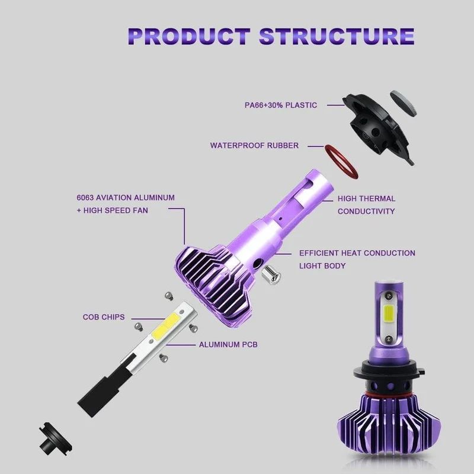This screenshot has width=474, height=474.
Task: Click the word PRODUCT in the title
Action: pyautogui.click(x=189, y=36)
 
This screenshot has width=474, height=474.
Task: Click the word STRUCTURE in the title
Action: pyautogui.click(x=337, y=36)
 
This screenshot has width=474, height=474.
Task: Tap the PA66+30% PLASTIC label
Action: pyautogui.click(x=281, y=105)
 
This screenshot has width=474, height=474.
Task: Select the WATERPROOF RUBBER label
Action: pyautogui.click(x=254, y=145)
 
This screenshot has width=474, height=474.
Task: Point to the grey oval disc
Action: pyautogui.click(x=403, y=103)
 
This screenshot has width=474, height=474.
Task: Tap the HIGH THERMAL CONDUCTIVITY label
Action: pyautogui.click(x=366, y=204)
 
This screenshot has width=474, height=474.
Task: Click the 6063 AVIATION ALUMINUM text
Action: pyautogui.click(x=126, y=198)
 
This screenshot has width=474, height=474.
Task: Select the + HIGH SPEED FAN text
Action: pyautogui.click(x=112, y=210)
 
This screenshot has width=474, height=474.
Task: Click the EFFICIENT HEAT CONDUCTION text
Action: pyautogui.click(x=357, y=253)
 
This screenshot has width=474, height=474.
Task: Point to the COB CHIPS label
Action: pyautogui.click(x=104, y=317)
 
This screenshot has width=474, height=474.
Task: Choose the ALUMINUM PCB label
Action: pyautogui.click(x=228, y=345)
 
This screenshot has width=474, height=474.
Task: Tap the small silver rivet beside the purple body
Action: pyautogui.click(x=271, y=274)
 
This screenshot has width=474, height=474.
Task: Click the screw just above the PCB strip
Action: pyautogui.click(x=169, y=295)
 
